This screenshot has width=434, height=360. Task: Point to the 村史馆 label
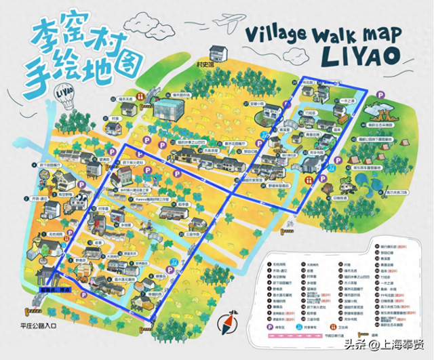(x=201, y=66)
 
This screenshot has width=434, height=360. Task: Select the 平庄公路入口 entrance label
(x=38, y=325)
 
